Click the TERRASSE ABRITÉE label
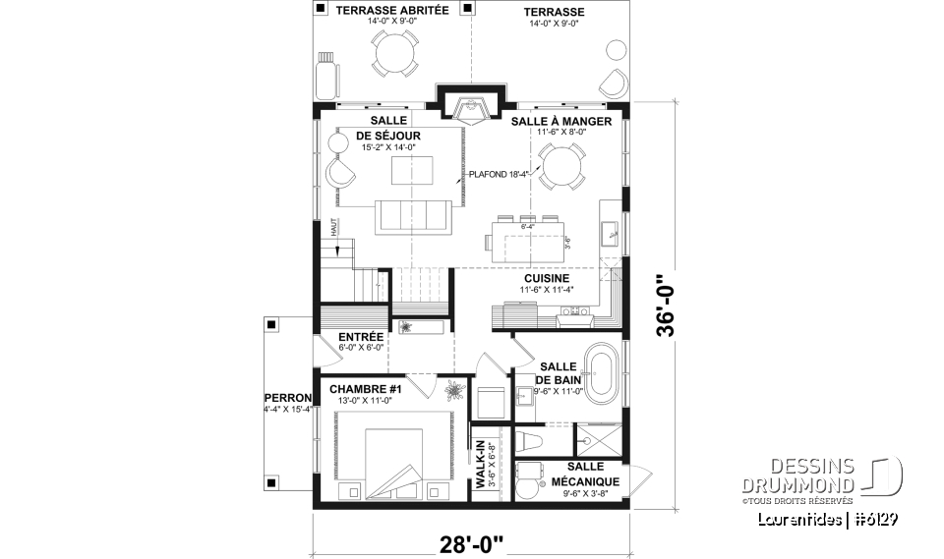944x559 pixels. pos(391,11)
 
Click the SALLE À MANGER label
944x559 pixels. pos(560,122)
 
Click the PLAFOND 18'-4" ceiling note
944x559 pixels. pos(500,174)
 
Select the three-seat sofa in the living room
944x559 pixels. pos(411,214)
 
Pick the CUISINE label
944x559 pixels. pos(547,278)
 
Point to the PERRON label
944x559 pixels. pos(287,398)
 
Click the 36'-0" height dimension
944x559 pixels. pos(670,302)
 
